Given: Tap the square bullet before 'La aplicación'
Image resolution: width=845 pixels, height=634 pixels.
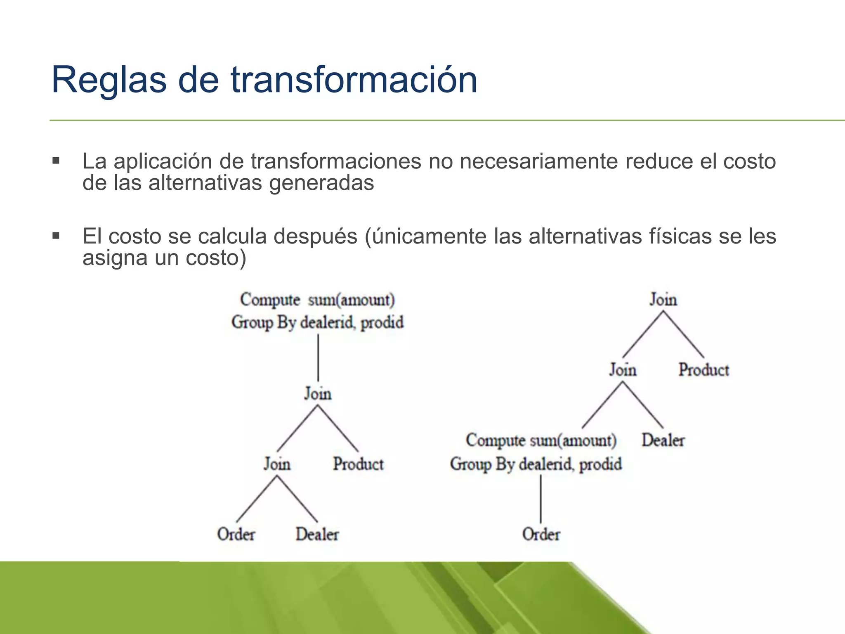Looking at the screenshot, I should tap(56, 161).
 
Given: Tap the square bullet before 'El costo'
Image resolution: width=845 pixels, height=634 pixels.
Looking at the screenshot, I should tap(56, 236).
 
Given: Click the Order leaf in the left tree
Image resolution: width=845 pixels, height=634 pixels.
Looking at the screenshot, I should tap(236, 534).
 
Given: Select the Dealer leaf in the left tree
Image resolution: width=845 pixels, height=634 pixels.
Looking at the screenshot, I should tap(317, 534).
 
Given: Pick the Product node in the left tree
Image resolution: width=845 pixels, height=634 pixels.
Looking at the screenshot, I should tap(358, 464).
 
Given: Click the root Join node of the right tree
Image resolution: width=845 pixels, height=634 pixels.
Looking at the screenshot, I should tap(663, 300).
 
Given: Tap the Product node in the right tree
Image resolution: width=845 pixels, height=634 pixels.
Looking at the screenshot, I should tap(703, 370).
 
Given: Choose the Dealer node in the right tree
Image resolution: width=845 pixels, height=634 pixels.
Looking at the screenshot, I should tap(663, 440).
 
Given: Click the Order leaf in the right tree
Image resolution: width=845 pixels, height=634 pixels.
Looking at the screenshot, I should tap(541, 534).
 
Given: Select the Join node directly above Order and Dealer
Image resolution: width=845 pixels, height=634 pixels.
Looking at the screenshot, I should tap(277, 464).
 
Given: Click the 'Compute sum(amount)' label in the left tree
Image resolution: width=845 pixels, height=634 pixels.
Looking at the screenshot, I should tap(317, 300).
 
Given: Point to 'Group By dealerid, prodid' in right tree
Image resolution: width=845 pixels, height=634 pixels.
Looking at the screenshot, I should tap(536, 464).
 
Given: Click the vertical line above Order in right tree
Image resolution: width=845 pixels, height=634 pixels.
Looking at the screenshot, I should tap(541, 499).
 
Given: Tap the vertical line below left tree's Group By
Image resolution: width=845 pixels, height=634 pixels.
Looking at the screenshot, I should tap(318, 357).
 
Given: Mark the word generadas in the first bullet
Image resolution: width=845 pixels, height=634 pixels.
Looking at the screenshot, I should tap(321, 183).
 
